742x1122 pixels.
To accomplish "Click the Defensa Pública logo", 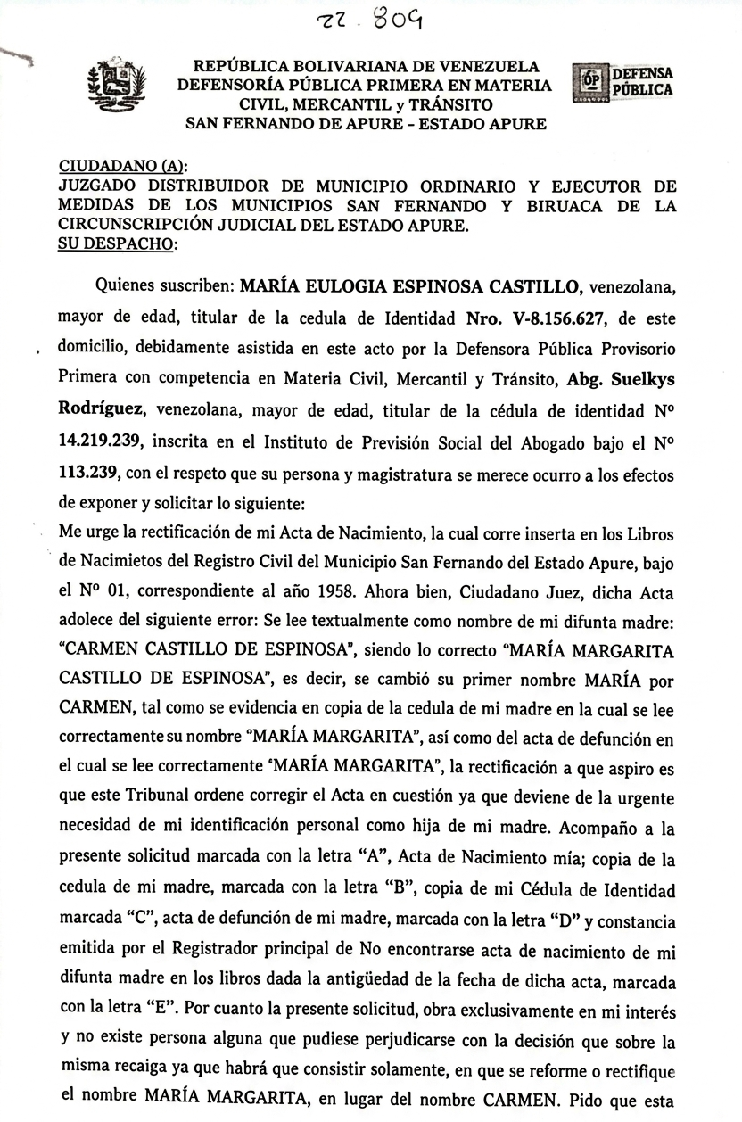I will tap(622, 81).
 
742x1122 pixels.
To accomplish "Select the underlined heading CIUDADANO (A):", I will tap(123, 167).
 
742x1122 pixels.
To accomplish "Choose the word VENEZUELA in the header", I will tap(486, 67).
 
